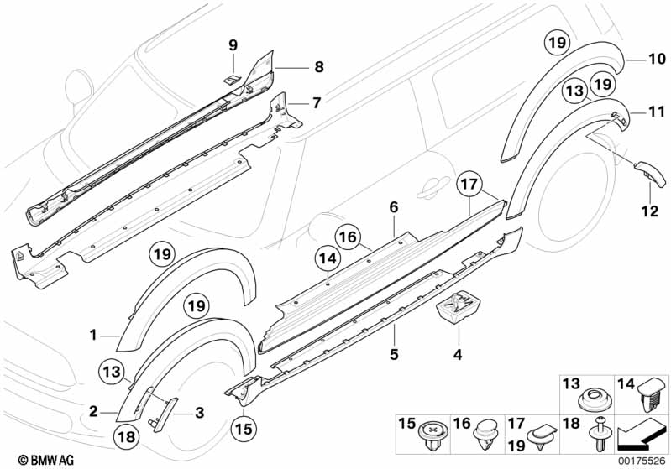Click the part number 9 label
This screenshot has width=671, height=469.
pos(233,44)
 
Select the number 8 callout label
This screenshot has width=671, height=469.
pos(319,67)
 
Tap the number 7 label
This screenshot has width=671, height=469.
pos(317,102)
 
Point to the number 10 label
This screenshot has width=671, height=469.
pos(657,59)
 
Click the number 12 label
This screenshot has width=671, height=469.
pos(650,211)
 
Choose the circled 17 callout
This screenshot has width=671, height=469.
pos(469,185)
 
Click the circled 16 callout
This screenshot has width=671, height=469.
pos(348,237)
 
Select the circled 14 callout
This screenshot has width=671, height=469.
pos(328,258)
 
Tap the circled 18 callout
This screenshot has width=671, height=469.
pos(127,436)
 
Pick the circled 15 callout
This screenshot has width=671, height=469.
pos(244,429)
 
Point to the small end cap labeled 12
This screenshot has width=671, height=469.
pos(651,173)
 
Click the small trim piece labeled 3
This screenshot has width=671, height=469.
pos(163,414)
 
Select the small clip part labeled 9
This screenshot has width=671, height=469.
pos(233,79)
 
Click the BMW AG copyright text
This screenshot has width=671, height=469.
pos(46,460)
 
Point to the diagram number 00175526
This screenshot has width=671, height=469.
pos(642,461)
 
